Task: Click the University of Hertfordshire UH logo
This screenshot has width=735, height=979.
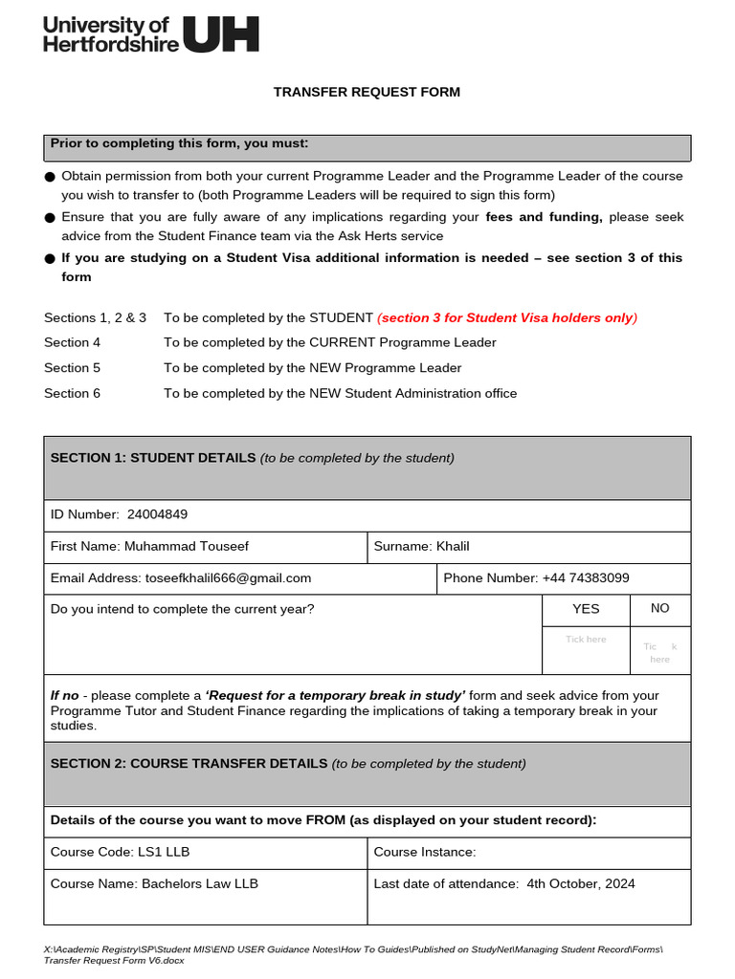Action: pyautogui.click(x=150, y=34)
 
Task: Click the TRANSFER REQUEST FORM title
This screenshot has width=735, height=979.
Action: pyautogui.click(x=367, y=93)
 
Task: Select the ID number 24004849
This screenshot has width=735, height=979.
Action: pyautogui.click(x=157, y=514)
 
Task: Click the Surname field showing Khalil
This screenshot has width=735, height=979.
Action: pyautogui.click(x=453, y=547)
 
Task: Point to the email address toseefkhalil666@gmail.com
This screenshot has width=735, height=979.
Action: pyautogui.click(x=228, y=578)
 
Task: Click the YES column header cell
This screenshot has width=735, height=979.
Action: pyautogui.click(x=586, y=609)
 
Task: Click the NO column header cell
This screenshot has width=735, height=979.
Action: pyautogui.click(x=659, y=609)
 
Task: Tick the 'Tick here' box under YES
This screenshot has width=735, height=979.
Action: pyautogui.click(x=586, y=640)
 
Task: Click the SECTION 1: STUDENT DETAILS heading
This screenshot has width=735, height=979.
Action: pyautogui.click(x=153, y=458)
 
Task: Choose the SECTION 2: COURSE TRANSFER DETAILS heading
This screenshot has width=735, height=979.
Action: pyautogui.click(x=189, y=764)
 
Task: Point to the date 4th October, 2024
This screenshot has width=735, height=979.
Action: pyautogui.click(x=580, y=884)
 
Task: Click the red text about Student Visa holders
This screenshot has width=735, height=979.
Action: pyautogui.click(x=507, y=318)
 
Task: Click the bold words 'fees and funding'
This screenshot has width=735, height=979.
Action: pyautogui.click(x=544, y=217)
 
